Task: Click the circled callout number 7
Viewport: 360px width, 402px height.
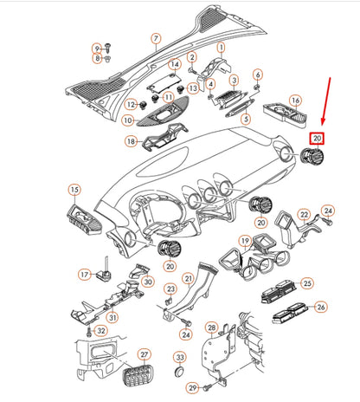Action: coord(156,39)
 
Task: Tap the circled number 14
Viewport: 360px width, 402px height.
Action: coord(174,65)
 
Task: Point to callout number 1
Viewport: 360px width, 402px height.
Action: coord(221,46)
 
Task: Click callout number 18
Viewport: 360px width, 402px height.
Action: coord(131,141)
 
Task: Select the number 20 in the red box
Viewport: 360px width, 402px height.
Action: coord(317,138)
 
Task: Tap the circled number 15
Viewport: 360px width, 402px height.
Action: coord(74,189)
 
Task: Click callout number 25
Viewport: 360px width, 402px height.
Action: coord(305,282)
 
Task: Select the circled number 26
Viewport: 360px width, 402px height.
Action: coord(320,307)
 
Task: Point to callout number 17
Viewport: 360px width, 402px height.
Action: coord(85,274)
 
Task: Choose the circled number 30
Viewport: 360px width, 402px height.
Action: coord(147,282)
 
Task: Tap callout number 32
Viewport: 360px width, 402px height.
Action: coord(101,330)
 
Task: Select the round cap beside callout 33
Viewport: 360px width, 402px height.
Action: coord(179,370)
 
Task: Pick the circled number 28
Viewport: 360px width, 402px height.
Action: coord(211,327)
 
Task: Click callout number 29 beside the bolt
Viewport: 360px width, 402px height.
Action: coord(194,387)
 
